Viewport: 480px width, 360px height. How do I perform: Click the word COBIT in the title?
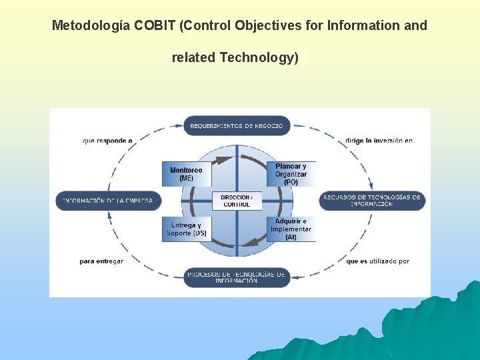tap(155, 26)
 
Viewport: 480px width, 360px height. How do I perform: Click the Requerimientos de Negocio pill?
tap(237, 125)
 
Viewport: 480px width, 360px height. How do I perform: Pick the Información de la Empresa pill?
tap(108, 201)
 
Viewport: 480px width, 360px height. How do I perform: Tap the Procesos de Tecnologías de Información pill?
tap(237, 277)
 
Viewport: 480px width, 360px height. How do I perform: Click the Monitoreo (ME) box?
tap(186, 174)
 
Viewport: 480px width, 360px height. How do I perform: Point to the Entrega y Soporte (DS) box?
tap(186, 229)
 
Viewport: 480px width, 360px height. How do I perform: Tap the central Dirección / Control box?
tap(236, 201)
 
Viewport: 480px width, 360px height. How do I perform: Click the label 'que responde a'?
tap(107, 141)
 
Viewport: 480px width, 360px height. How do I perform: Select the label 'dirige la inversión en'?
tap(379, 141)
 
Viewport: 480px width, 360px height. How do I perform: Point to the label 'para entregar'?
tap(101, 261)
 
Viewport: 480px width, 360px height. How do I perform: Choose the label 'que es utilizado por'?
tap(377, 261)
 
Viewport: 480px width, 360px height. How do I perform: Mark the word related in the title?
tap(193, 57)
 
